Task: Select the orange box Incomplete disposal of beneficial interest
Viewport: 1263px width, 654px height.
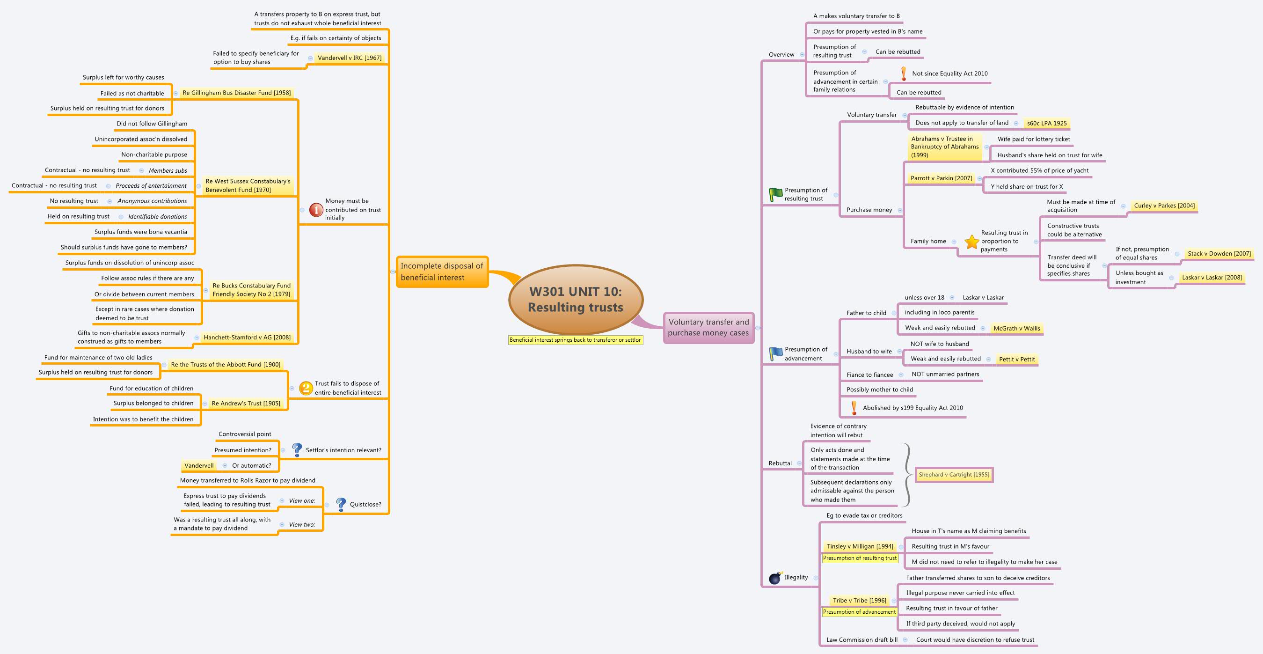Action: pyautogui.click(x=442, y=272)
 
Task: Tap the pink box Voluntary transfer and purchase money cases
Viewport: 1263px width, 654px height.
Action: pyautogui.click(x=708, y=327)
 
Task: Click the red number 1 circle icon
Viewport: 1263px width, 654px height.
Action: pyautogui.click(x=316, y=210)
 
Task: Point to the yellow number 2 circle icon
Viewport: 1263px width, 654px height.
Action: pyautogui.click(x=306, y=388)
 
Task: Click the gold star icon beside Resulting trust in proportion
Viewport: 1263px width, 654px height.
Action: pyautogui.click(x=971, y=242)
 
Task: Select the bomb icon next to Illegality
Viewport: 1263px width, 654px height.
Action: pyautogui.click(x=775, y=578)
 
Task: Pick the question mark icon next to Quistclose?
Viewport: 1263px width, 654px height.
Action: pyautogui.click(x=341, y=504)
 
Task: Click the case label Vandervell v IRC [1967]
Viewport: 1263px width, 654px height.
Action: pyautogui.click(x=349, y=58)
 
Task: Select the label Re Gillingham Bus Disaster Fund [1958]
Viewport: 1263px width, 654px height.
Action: pyautogui.click(x=236, y=93)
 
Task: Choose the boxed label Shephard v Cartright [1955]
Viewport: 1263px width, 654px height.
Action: pyautogui.click(x=954, y=474)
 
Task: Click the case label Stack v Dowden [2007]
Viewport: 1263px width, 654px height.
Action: pyautogui.click(x=1219, y=254)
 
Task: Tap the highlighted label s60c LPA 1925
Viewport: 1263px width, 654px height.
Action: pyautogui.click(x=1046, y=123)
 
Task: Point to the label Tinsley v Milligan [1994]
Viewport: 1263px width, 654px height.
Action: pyautogui.click(x=860, y=546)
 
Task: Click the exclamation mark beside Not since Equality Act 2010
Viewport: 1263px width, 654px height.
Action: pyautogui.click(x=903, y=73)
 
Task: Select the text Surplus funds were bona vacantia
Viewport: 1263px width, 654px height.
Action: pyautogui.click(x=141, y=232)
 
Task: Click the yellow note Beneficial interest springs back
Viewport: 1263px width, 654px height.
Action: pyautogui.click(x=575, y=340)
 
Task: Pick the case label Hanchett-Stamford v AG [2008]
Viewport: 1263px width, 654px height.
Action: pyautogui.click(x=247, y=338)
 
